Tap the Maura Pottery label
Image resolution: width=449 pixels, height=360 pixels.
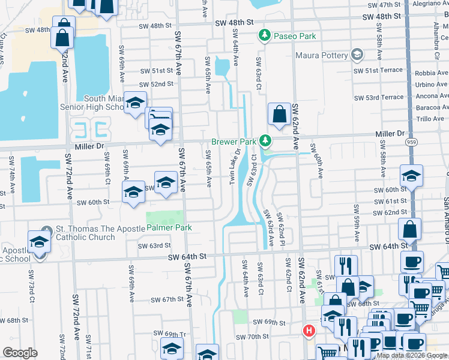coord(321,56)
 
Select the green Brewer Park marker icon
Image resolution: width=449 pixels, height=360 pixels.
coord(264,142)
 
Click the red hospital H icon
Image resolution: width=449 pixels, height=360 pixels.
coord(309,331)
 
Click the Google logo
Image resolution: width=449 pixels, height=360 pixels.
coord(20,353)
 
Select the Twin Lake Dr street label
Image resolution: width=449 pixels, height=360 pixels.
coord(237,167)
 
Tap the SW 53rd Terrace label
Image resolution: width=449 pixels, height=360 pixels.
coord(378,98)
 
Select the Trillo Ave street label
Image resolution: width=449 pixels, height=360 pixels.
coord(430,119)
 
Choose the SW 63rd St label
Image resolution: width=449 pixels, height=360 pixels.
coord(154,245)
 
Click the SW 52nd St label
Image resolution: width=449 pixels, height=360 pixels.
coord(156,85)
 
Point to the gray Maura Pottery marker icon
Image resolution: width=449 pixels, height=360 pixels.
coord(357,55)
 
